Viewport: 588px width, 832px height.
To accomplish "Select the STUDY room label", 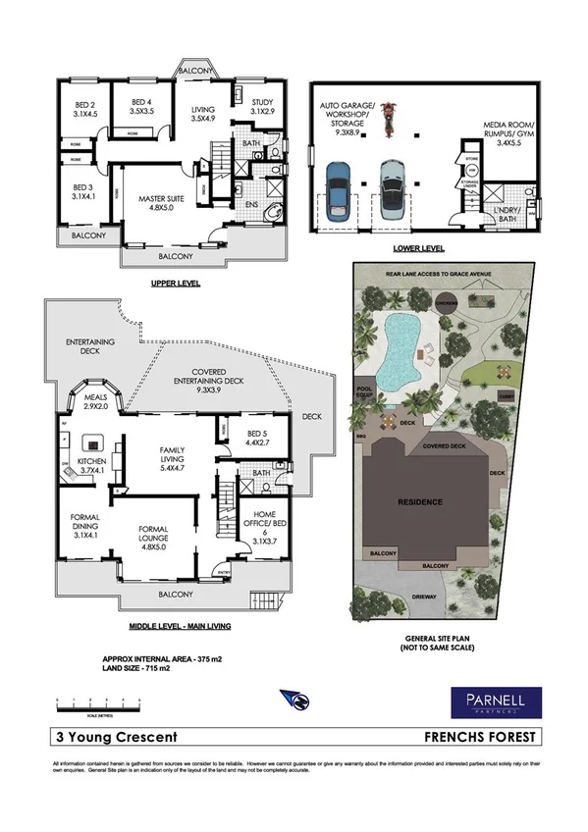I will point(262,107).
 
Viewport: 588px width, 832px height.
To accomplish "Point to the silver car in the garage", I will point(395,187).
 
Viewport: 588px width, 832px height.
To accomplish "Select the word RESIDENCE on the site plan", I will point(419,501).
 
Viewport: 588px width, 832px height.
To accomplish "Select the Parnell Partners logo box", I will point(494,702).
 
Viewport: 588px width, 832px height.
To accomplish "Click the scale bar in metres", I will point(98,703).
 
